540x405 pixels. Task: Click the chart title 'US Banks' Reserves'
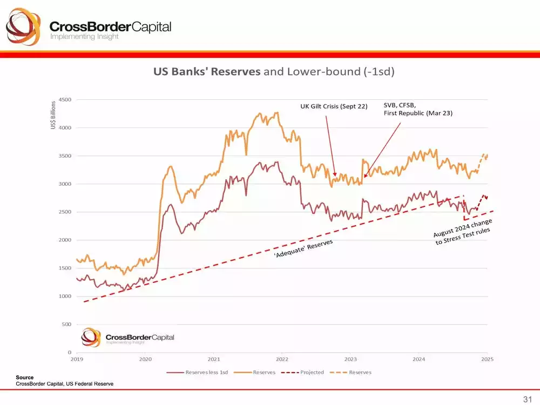(x=207, y=72)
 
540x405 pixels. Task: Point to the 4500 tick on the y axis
(x=64, y=100)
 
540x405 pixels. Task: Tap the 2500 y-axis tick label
(x=64, y=212)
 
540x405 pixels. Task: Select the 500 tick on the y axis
(x=66, y=325)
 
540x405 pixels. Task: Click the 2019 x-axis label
(x=77, y=359)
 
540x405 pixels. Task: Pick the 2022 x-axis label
(x=282, y=359)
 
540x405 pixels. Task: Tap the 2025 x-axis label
(x=487, y=359)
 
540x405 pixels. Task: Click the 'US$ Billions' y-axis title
(x=53, y=114)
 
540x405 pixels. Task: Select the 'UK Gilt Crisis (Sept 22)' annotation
(x=334, y=106)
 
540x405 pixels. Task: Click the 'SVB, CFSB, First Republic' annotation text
(x=417, y=110)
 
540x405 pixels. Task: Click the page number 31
(x=527, y=399)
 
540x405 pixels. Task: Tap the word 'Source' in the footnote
(x=24, y=377)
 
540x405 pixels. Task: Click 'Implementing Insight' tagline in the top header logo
(x=84, y=37)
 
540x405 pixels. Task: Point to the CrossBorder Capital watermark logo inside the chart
(x=127, y=337)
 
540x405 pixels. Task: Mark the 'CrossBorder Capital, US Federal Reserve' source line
(x=64, y=383)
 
